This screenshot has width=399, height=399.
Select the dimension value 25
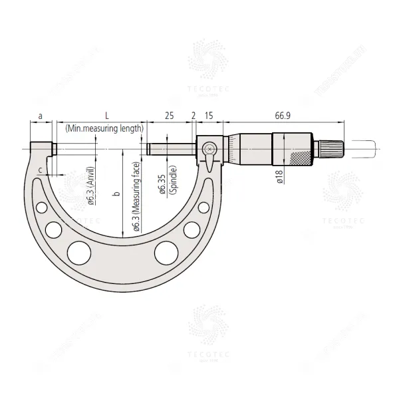[169, 116]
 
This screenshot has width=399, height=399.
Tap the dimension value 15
[209, 116]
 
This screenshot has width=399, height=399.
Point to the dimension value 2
[194, 116]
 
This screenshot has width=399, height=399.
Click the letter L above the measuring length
[107, 116]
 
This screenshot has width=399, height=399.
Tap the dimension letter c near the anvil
[41, 171]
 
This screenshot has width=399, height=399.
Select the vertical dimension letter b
[116, 194]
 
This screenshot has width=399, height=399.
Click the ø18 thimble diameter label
[279, 175]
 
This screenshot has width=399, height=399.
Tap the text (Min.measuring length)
[104, 127]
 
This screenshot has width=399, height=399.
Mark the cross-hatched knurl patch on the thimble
[300, 159]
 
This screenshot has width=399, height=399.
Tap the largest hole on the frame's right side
[166, 252]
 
